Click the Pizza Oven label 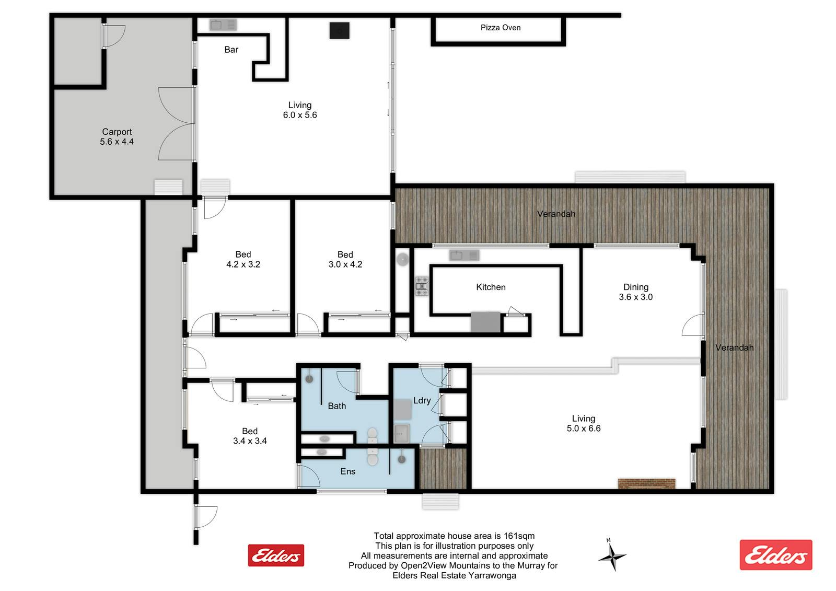click(x=501, y=28)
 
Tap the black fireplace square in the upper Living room click(x=339, y=31)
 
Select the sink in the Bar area click(x=223, y=25)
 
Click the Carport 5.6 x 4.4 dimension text click(x=117, y=142)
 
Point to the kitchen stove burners click(x=422, y=286)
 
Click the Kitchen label click(x=491, y=287)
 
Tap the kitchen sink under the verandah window click(x=464, y=256)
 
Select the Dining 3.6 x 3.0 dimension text click(x=635, y=297)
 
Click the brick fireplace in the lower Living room click(x=647, y=483)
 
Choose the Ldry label click(x=422, y=401)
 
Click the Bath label click(x=336, y=406)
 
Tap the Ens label click(x=348, y=471)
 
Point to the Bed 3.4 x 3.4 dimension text click(x=250, y=441)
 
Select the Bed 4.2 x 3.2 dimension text click(x=243, y=264)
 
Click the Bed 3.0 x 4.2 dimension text click(x=345, y=264)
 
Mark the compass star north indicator click(x=612, y=557)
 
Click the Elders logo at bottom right click(x=776, y=555)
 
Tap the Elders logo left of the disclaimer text click(x=276, y=555)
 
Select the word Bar click(x=231, y=50)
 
